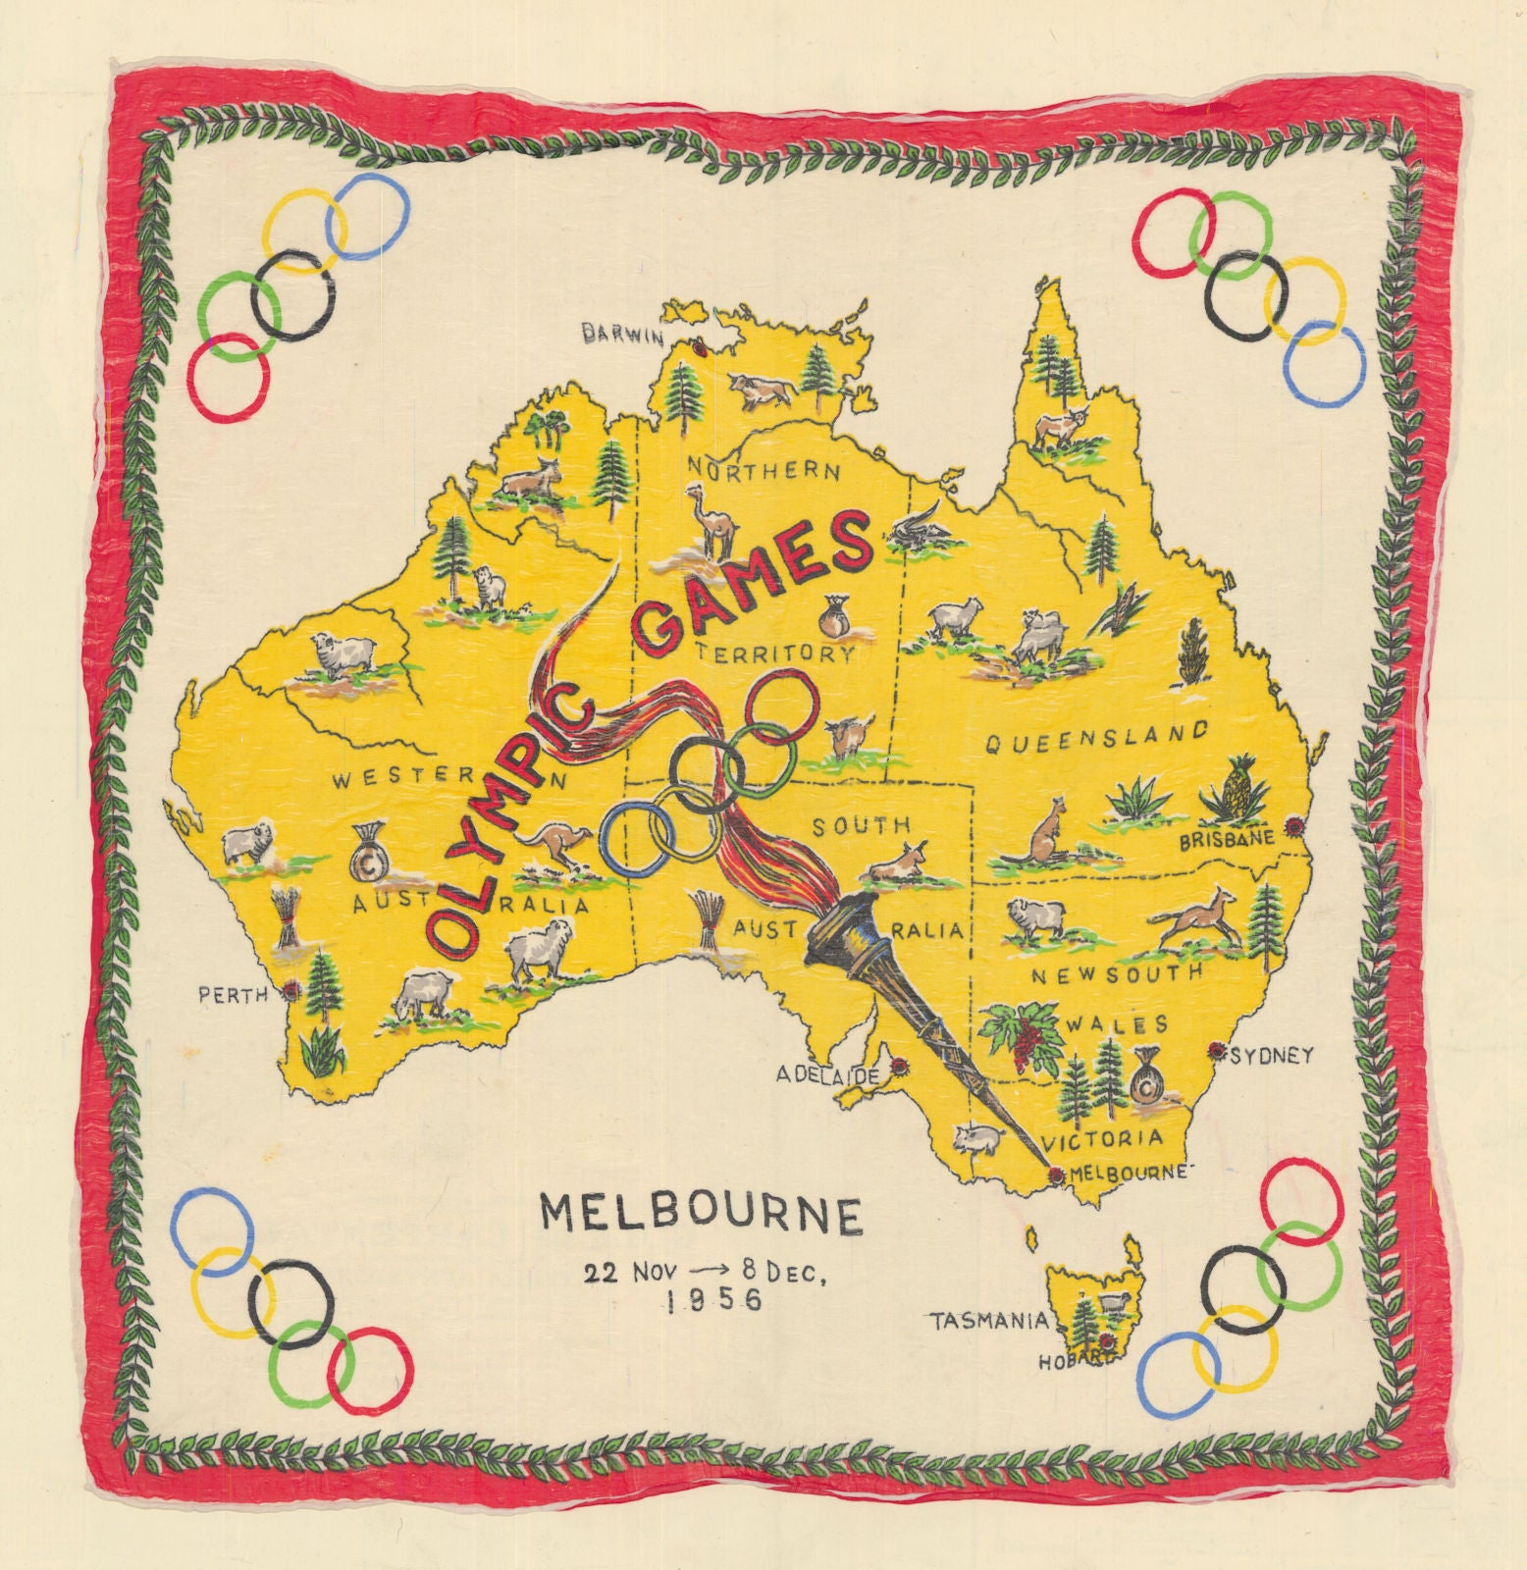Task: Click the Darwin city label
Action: pyautogui.click(x=624, y=335)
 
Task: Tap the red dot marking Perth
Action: pyautogui.click(x=291, y=991)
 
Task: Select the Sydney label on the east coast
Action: pyautogui.click(x=1271, y=1056)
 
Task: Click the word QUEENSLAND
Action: pyautogui.click(x=1096, y=738)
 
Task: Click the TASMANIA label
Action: pyautogui.click(x=988, y=1322)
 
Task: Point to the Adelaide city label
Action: pyautogui.click(x=827, y=1075)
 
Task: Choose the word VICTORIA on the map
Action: pyautogui.click(x=1102, y=1139)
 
